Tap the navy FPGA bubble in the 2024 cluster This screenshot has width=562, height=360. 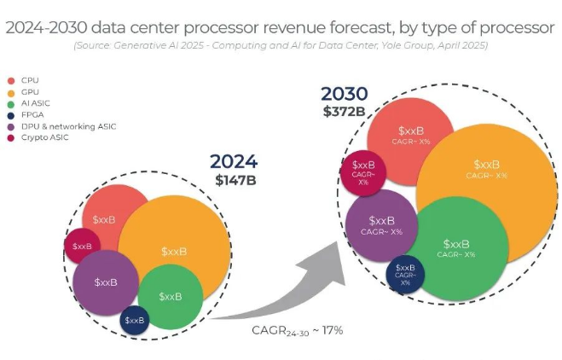click(135, 320)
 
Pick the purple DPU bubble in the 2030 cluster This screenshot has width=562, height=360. click(381, 224)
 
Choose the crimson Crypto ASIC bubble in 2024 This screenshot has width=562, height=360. click(82, 247)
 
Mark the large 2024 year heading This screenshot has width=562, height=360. click(234, 162)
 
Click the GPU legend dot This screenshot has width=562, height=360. click(10, 91)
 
